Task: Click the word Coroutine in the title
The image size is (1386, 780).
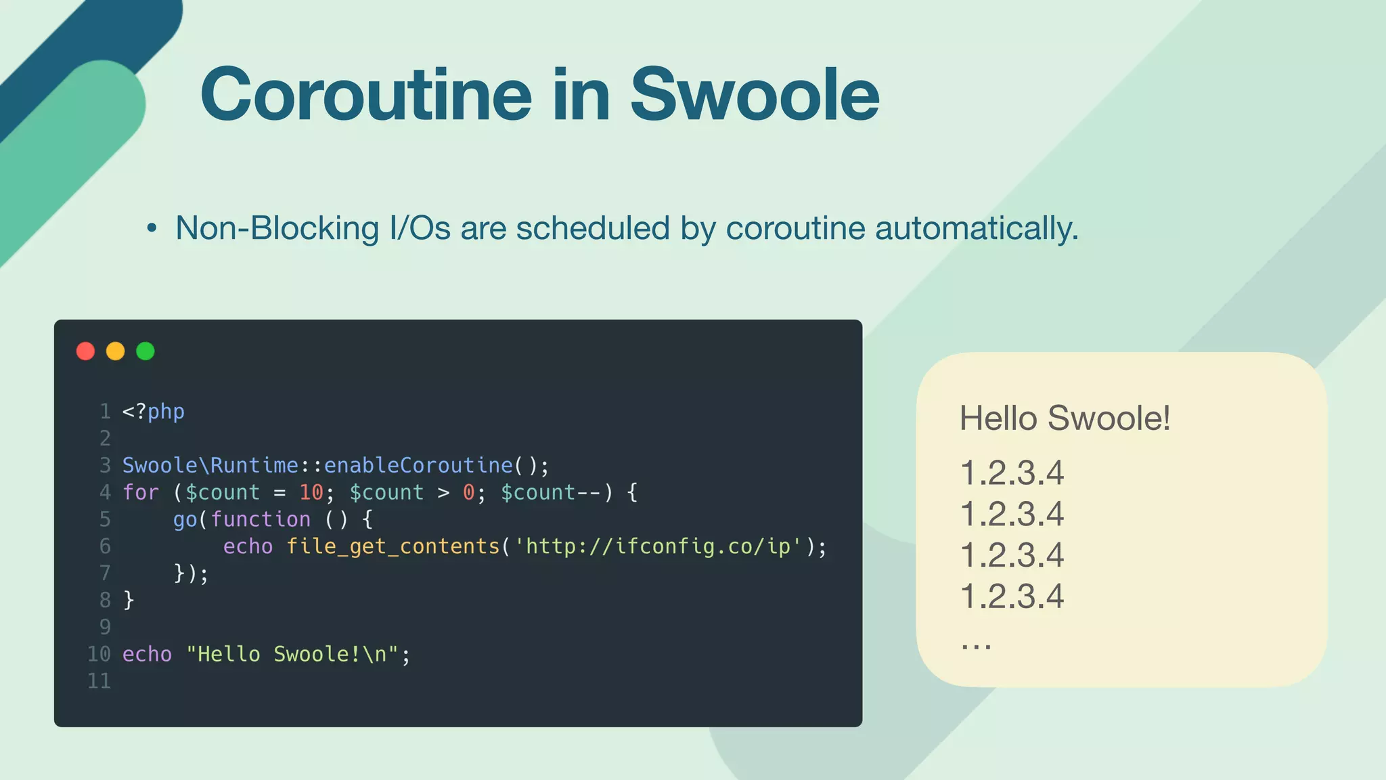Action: (x=366, y=95)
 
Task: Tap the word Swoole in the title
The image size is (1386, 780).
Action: (x=755, y=95)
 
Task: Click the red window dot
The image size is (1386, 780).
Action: (x=85, y=351)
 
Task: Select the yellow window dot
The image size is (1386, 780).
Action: (x=116, y=351)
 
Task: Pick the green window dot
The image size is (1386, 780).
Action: (x=146, y=351)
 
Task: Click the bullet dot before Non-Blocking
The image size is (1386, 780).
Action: (x=152, y=229)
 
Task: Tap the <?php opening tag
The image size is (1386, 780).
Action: (x=153, y=412)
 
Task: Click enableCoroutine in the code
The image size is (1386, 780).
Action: (x=418, y=465)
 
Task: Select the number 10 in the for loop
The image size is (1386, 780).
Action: (x=311, y=492)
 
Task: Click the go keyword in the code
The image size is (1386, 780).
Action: (x=185, y=520)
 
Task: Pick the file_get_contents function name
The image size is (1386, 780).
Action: (x=393, y=546)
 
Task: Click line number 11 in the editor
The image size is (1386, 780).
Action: (x=99, y=681)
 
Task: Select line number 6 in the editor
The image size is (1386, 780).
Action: (x=105, y=546)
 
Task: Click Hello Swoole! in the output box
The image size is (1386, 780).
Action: (x=1065, y=418)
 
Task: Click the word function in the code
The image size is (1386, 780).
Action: (x=261, y=519)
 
